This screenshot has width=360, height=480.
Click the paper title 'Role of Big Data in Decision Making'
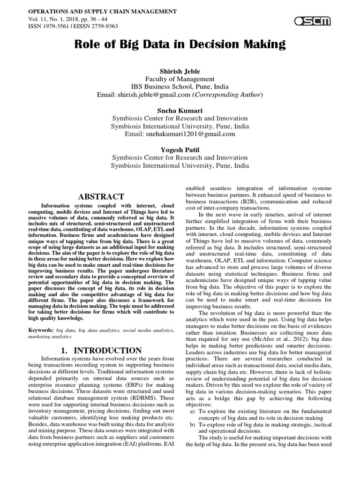[180, 45]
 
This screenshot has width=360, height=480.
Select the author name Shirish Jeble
[180, 71]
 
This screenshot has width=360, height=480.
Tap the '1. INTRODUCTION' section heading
[101, 350]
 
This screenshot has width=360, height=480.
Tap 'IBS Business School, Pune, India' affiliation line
[180, 87]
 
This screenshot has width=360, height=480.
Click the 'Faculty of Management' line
[180, 79]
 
